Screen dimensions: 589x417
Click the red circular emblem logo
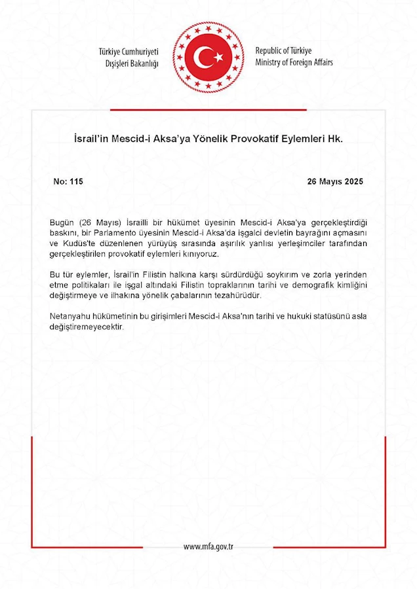pyautogui.click(x=208, y=56)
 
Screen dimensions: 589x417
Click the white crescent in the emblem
pyautogui.click(x=204, y=57)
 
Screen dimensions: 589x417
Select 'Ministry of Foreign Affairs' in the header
pyautogui.click(x=294, y=62)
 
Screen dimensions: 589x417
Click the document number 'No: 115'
pyautogui.click(x=68, y=181)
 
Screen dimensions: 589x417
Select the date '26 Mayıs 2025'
pyautogui.click(x=334, y=181)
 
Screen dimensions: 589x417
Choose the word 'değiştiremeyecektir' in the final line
pyautogui.click(x=87, y=327)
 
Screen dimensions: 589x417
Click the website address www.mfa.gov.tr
pyautogui.click(x=208, y=547)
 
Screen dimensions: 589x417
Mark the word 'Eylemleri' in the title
pyautogui.click(x=308, y=139)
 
